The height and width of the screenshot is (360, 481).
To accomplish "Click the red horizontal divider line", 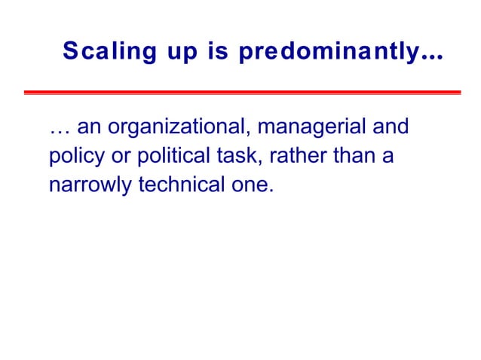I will pyautogui.click(x=241, y=93).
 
